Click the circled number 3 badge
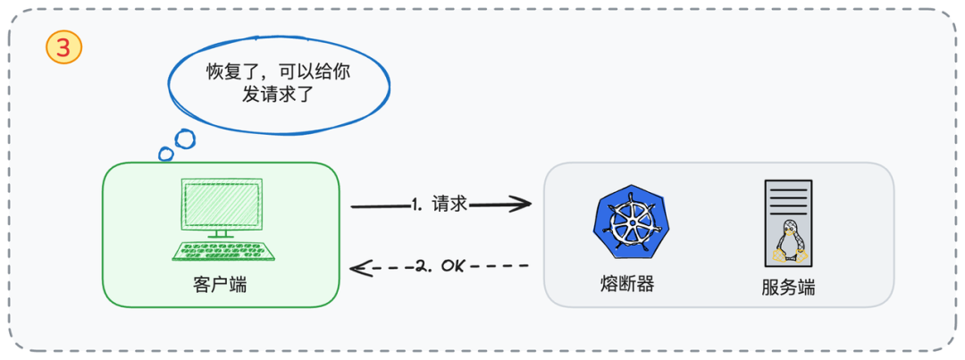[63, 48]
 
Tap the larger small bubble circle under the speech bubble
[184, 138]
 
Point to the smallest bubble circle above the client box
[165, 154]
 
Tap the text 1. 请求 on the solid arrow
[441, 205]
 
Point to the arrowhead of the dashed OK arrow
[357, 266]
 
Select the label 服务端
[788, 288]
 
